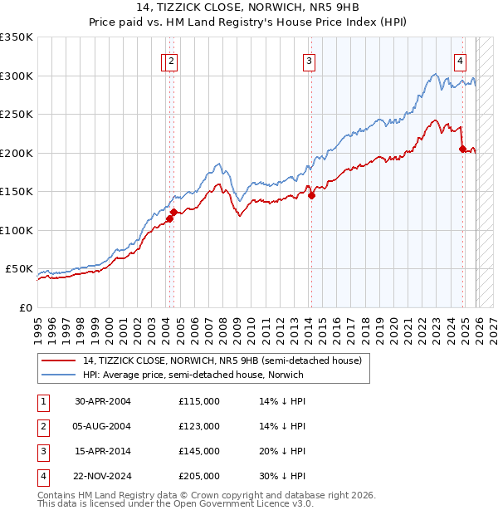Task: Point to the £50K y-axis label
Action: [19, 269]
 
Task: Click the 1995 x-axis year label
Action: [37, 325]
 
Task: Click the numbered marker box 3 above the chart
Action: [309, 60]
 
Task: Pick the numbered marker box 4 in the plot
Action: [459, 60]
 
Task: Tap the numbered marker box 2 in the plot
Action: [171, 60]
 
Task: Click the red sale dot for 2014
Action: [311, 196]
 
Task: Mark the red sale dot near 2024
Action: [462, 150]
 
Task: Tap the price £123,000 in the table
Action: [199, 426]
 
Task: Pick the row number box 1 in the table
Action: [41, 401]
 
